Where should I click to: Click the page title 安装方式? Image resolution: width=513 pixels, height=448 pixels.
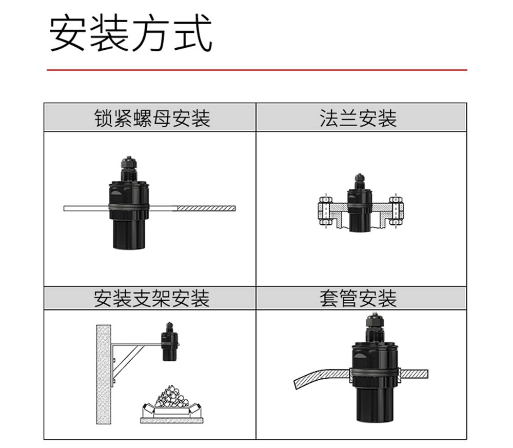131,33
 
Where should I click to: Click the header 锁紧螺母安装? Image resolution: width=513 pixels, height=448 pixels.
152,118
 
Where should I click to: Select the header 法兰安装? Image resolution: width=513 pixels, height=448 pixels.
358,118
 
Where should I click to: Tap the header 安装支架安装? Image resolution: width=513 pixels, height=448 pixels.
151,298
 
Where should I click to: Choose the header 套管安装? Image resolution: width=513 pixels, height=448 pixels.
358,298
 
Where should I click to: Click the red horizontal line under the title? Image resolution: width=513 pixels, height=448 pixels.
257,70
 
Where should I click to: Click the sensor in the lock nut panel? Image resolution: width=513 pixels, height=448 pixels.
129,203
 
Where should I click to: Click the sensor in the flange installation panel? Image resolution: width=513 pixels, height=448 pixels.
359,203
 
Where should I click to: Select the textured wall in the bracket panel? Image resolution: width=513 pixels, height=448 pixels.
104,375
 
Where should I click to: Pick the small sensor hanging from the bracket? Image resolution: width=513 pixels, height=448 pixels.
169,342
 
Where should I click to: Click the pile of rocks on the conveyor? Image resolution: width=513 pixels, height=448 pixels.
170,397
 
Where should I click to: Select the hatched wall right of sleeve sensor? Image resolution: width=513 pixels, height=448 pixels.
413,374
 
